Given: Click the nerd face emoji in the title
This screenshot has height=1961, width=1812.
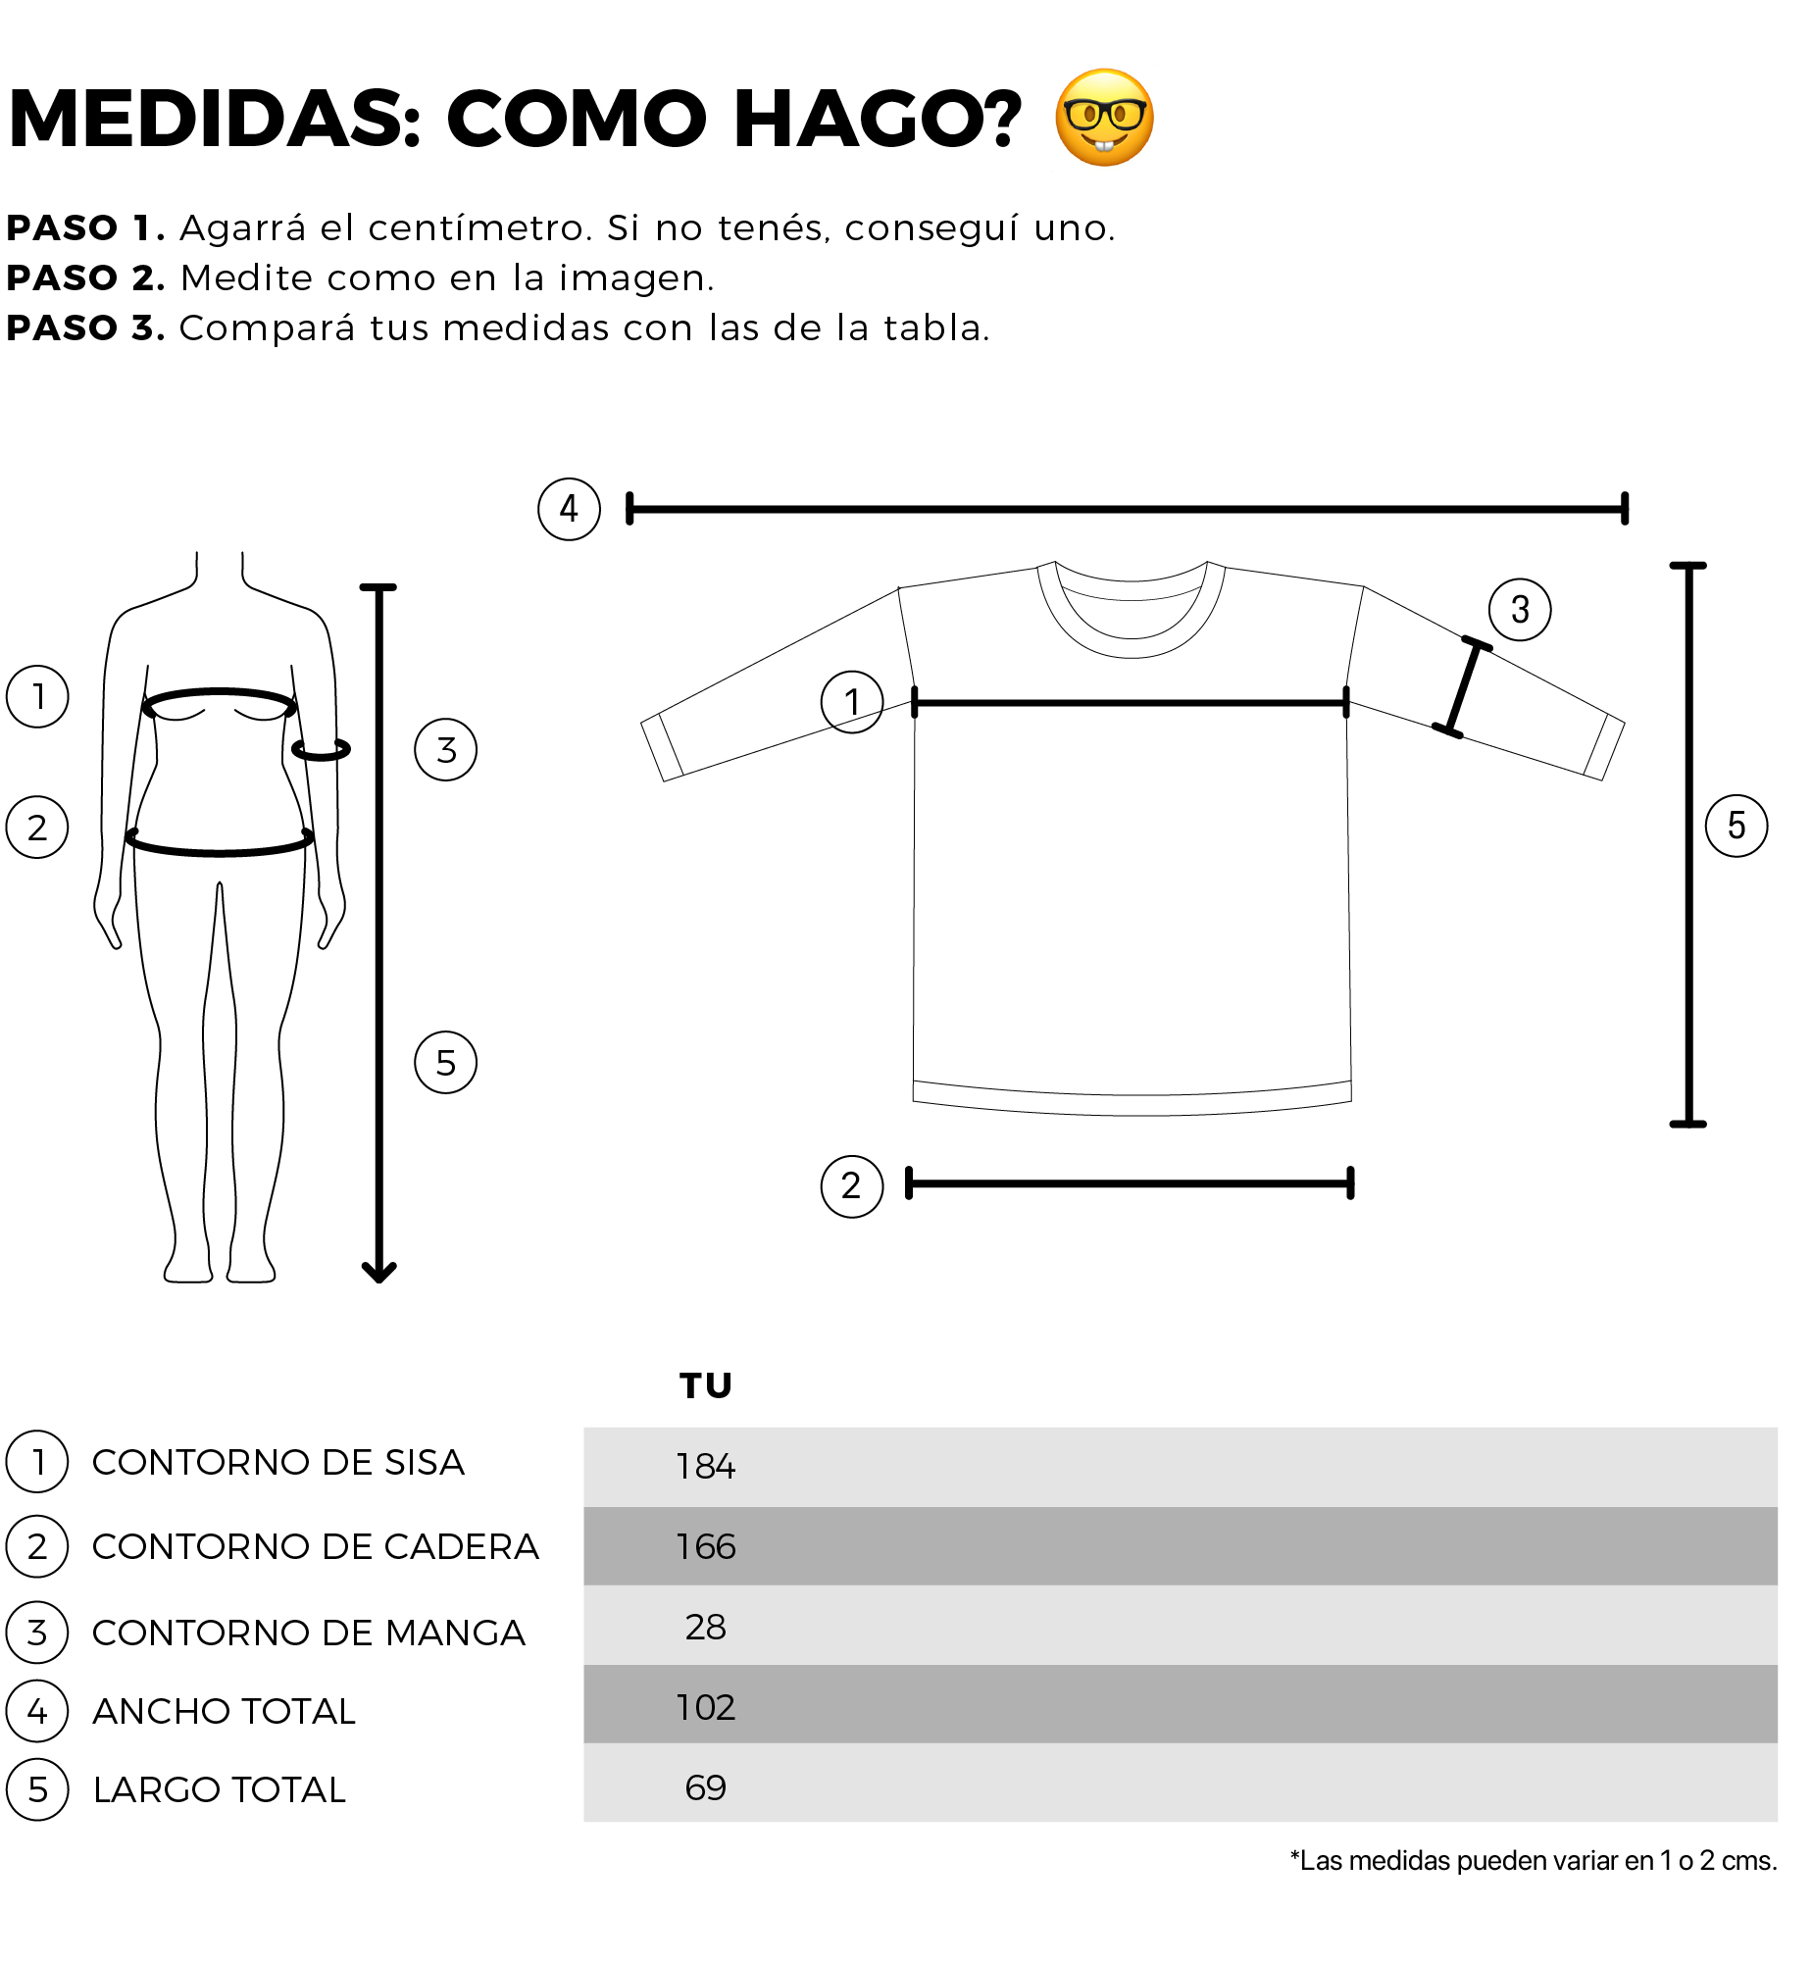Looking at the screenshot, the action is (1104, 118).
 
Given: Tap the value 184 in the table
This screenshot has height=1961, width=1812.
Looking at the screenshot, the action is (705, 1467).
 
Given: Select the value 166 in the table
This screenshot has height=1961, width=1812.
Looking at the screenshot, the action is (705, 1547).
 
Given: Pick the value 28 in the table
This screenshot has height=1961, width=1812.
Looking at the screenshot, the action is (705, 1628).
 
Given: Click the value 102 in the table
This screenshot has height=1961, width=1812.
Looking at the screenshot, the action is (705, 1708).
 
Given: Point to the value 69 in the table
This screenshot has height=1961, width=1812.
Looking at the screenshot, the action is (705, 1788).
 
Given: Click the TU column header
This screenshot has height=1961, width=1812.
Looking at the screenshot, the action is (705, 1385).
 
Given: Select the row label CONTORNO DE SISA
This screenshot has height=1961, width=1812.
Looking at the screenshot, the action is (278, 1463).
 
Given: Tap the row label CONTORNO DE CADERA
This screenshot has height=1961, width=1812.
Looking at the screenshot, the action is (316, 1547).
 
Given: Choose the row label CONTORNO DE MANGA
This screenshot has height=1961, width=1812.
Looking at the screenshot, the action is (309, 1634).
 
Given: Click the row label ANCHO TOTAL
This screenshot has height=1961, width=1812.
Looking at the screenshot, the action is (224, 1712).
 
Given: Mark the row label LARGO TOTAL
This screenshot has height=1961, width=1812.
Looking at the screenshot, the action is (220, 1790).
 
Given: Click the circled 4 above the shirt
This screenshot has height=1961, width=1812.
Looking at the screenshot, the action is (569, 509).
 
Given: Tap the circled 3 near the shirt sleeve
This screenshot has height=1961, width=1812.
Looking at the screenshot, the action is (1520, 609).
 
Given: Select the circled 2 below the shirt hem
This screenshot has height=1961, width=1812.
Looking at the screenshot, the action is (851, 1185).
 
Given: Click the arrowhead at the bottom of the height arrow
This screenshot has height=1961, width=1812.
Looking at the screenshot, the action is (378, 1273).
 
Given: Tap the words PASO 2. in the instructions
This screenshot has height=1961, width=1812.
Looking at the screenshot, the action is (85, 278).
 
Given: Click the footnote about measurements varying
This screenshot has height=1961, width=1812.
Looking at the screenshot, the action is (1534, 1861).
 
